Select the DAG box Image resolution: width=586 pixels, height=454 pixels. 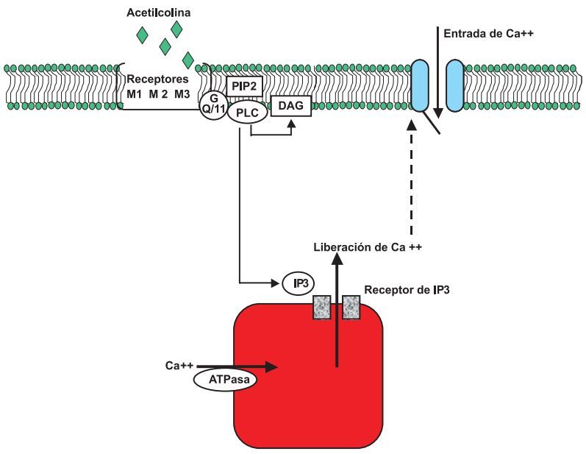click(x=290, y=107)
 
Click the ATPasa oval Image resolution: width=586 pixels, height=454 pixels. click(x=222, y=380)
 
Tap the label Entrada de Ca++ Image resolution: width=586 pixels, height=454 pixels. click(x=482, y=34)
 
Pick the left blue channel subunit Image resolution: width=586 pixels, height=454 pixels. click(x=421, y=86)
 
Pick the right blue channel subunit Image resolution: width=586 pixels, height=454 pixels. click(x=454, y=86)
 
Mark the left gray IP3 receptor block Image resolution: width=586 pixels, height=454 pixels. click(x=323, y=307)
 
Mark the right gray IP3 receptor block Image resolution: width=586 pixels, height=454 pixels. click(x=351, y=307)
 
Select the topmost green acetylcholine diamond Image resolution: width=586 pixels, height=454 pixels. click(x=176, y=29)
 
